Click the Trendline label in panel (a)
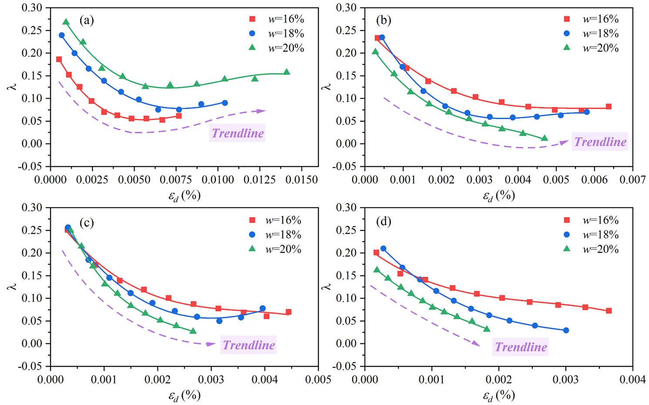238,133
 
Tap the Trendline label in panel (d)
521,347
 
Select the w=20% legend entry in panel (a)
277,48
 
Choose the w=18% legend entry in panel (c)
274,235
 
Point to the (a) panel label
87,20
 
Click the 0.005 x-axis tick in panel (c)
318,379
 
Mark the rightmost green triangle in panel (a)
287,72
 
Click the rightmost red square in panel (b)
609,106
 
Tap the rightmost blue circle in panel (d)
566,330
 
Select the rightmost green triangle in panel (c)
193,331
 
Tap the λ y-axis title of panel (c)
12,287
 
